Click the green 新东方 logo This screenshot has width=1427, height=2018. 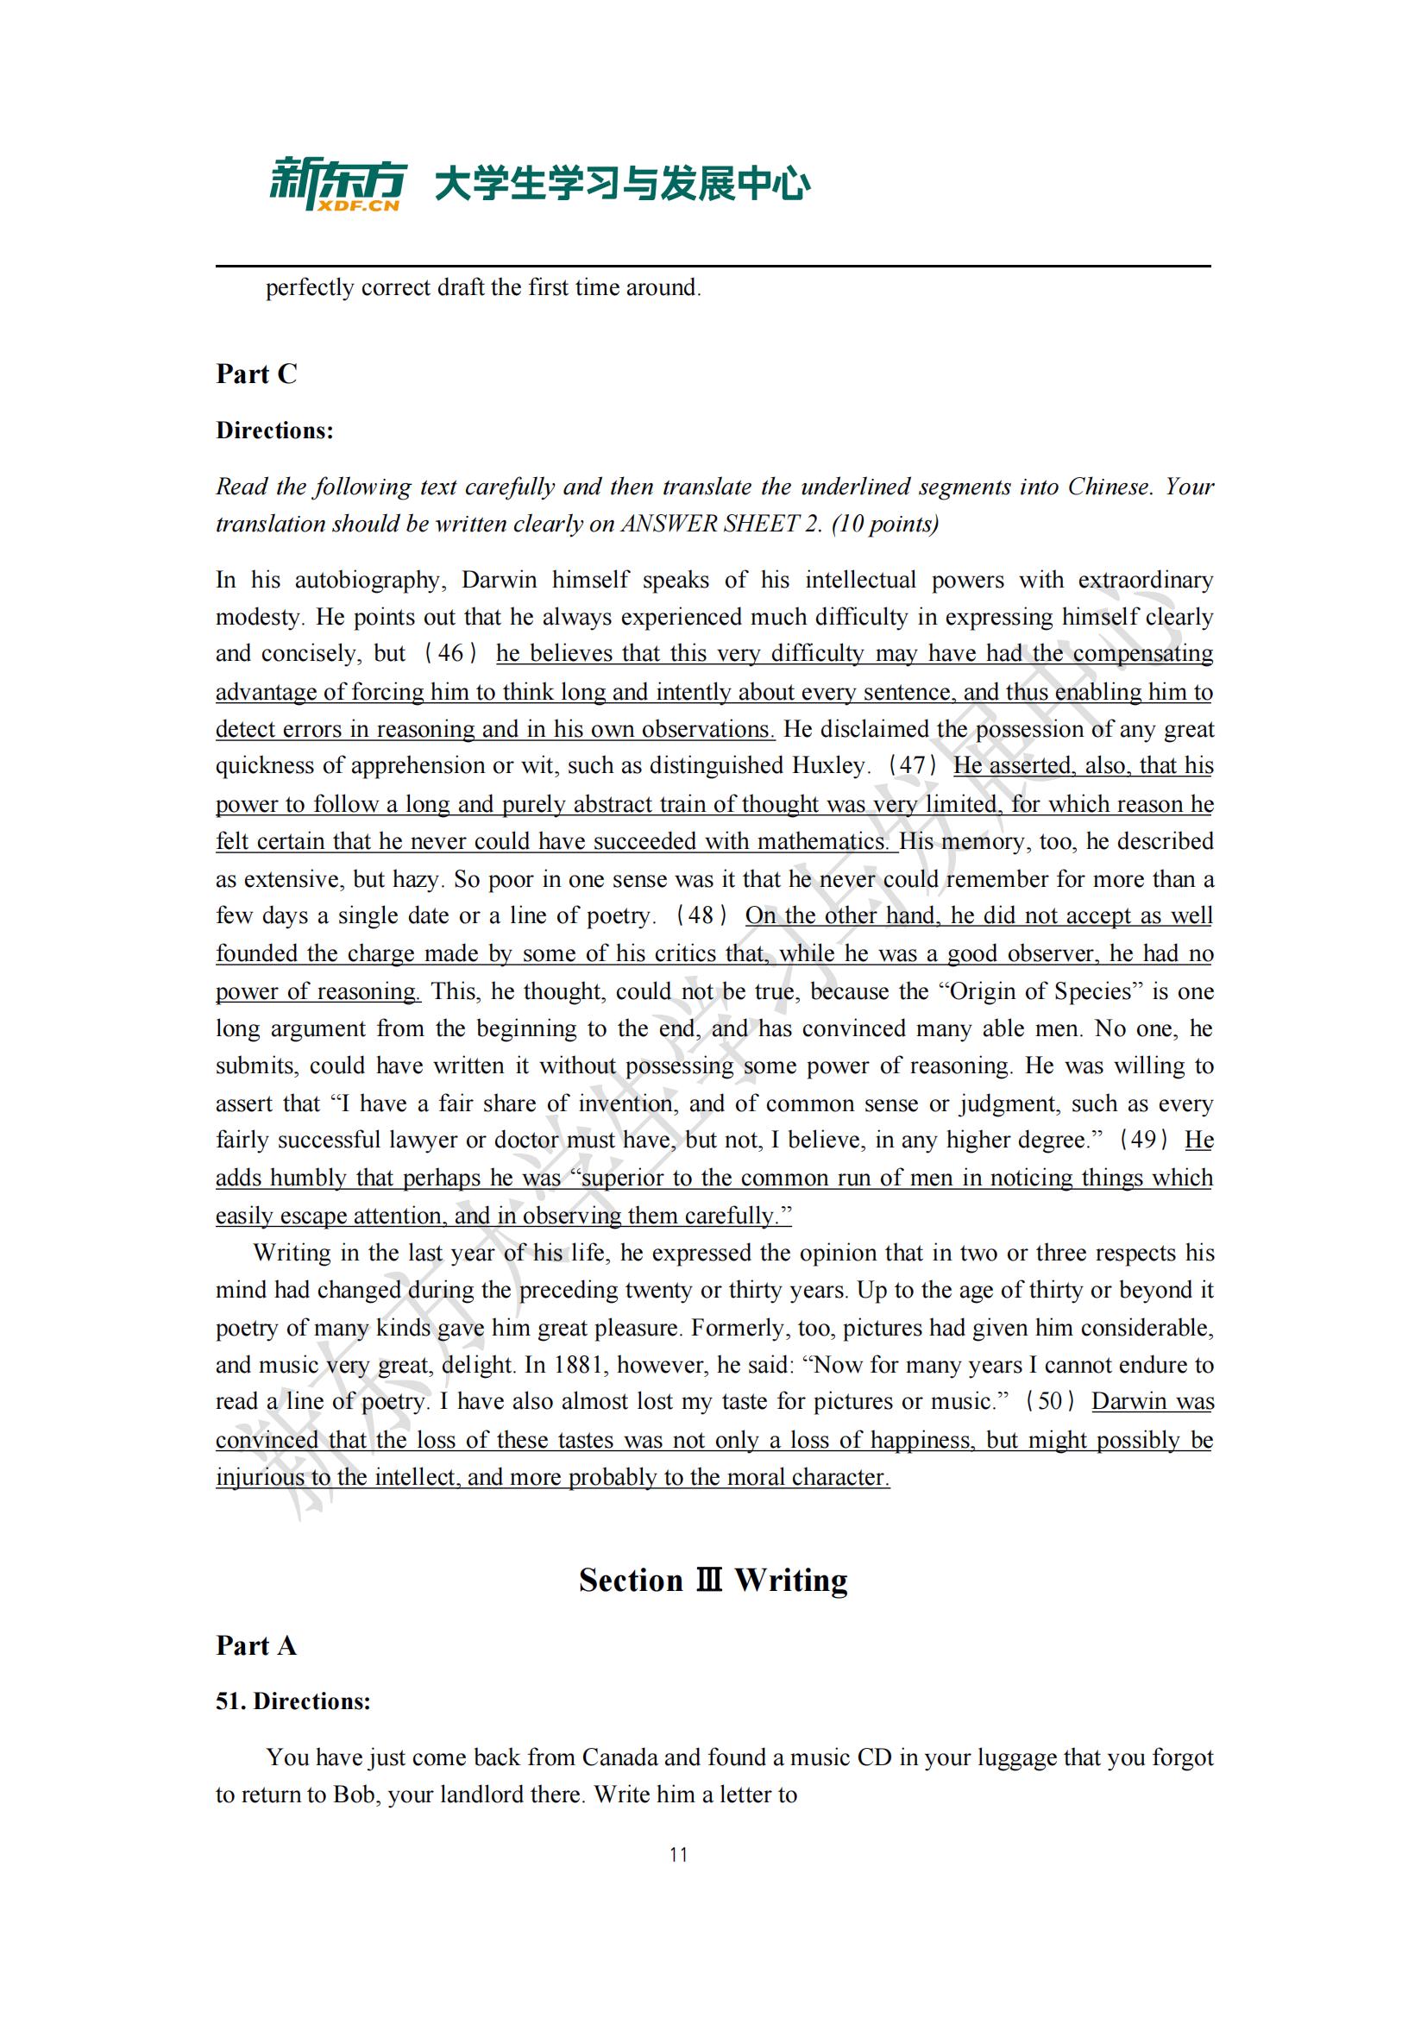(x=336, y=180)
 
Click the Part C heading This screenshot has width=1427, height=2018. (x=256, y=374)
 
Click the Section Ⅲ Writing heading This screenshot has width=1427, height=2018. (x=713, y=1580)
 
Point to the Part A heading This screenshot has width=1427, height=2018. (x=255, y=1645)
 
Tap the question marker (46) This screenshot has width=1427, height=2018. (x=450, y=653)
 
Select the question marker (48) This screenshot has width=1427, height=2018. (x=701, y=916)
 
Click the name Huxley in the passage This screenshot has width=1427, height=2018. (x=829, y=765)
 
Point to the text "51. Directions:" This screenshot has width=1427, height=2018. (x=293, y=1701)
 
